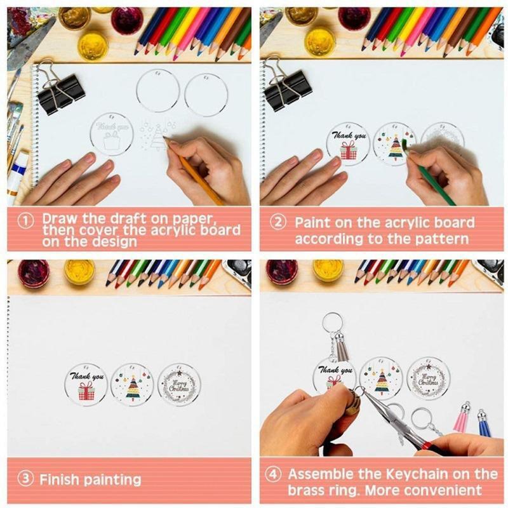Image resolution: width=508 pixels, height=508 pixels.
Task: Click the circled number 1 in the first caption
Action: [x=25, y=221]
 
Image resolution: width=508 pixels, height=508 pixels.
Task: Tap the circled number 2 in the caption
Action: [x=278, y=223]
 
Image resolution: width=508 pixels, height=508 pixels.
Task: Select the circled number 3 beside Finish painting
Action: [x=25, y=478]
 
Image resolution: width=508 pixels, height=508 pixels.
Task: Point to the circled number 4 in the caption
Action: [x=273, y=474]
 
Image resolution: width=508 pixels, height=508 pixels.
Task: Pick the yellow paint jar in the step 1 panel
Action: [x=93, y=45]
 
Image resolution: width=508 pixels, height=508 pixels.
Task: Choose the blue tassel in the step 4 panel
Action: [x=484, y=424]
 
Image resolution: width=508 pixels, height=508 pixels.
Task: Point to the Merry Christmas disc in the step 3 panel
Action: [x=179, y=385]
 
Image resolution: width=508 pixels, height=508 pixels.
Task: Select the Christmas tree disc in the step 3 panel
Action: [x=132, y=385]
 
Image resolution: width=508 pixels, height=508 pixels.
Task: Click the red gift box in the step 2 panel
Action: [x=348, y=150]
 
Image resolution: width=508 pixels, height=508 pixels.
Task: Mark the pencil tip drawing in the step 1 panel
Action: [x=165, y=138]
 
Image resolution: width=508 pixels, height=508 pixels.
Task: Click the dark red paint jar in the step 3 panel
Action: [x=34, y=273]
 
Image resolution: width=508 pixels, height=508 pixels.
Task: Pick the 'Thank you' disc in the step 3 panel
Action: [x=86, y=385]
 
